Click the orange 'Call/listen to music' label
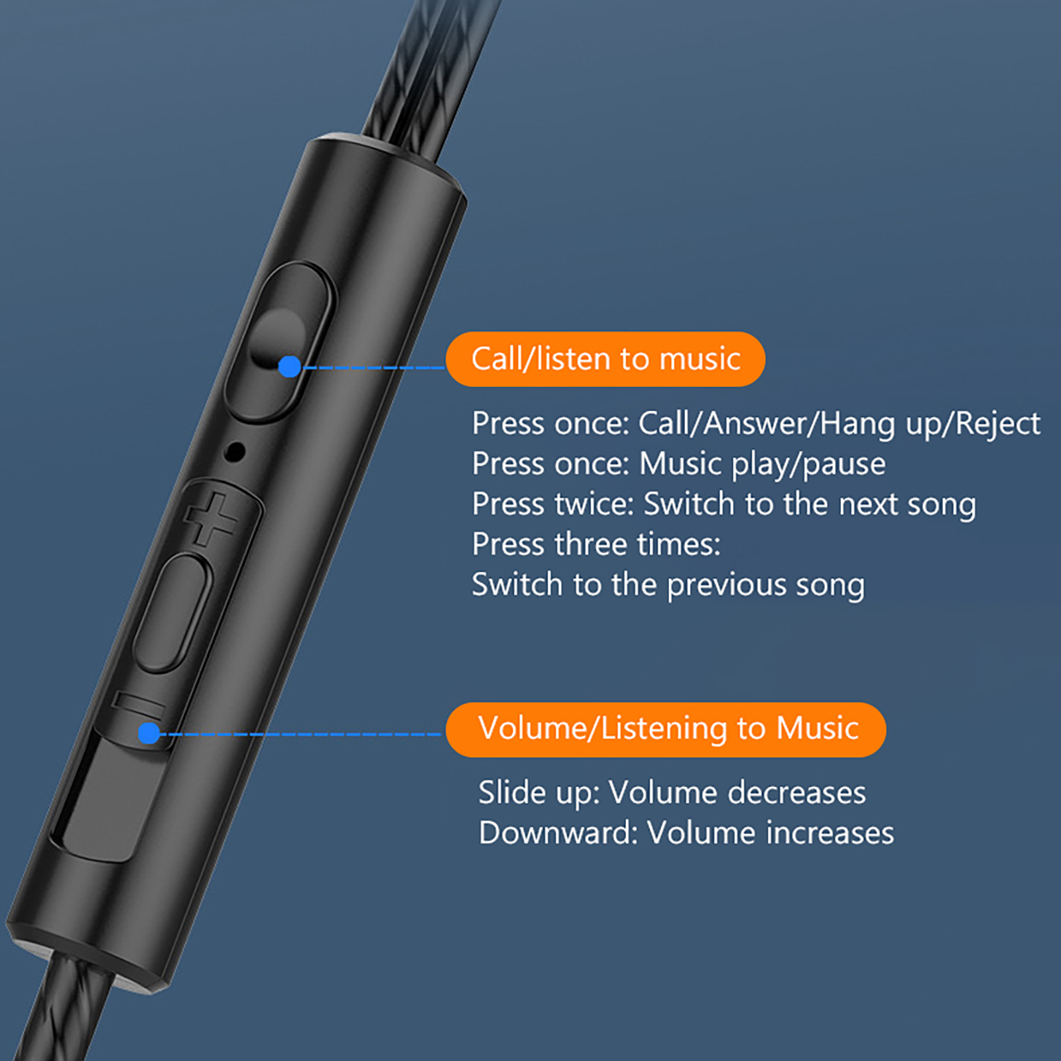(x=605, y=359)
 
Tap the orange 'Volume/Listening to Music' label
(x=666, y=729)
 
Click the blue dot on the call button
(x=290, y=366)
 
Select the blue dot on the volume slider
(x=149, y=733)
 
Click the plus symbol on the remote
(x=210, y=519)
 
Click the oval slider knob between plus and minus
(x=172, y=613)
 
